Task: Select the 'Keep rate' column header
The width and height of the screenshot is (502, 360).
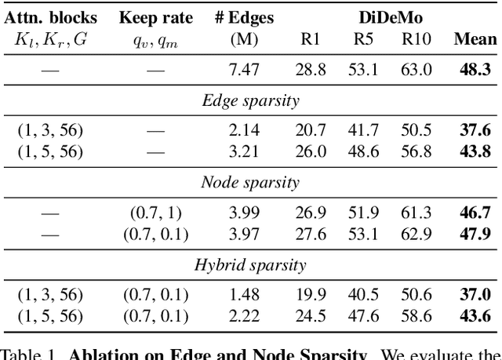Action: pyautogui.click(x=155, y=17)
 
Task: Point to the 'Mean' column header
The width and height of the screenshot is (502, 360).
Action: pyautogui.click(x=475, y=39)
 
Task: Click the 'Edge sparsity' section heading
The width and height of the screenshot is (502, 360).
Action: pyautogui.click(x=250, y=100)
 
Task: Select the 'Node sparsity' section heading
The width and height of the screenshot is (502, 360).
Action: pyautogui.click(x=250, y=183)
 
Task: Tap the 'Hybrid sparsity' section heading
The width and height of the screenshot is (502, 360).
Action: pyautogui.click(x=250, y=265)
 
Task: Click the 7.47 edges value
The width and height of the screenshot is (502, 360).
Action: pyautogui.click(x=242, y=70)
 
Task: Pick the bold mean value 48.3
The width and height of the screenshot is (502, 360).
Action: pyautogui.click(x=475, y=70)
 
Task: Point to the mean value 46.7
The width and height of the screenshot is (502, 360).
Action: pyautogui.click(x=475, y=213)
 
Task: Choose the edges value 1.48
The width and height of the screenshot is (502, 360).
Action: pyautogui.click(x=242, y=295)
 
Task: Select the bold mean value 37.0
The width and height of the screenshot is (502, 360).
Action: pyautogui.click(x=475, y=295)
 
